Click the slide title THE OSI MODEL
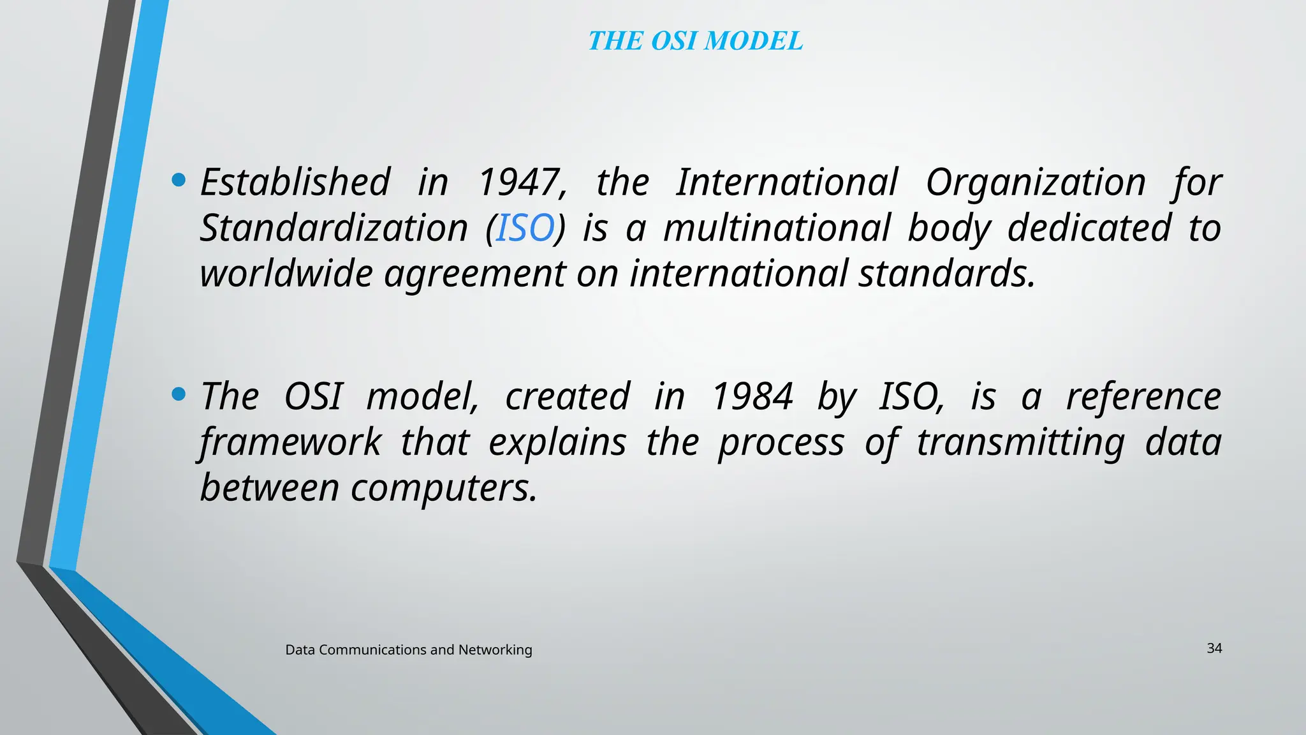[695, 41]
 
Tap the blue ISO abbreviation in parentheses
[525, 228]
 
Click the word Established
[295, 182]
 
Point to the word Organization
[1036, 182]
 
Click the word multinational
[776, 228]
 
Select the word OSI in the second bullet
[313, 397]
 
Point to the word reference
[1143, 397]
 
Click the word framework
[291, 443]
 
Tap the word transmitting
[1020, 443]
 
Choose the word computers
[444, 489]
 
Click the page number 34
[1214, 649]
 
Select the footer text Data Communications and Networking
[408, 650]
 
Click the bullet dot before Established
[179, 181]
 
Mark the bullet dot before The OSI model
[179, 395]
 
